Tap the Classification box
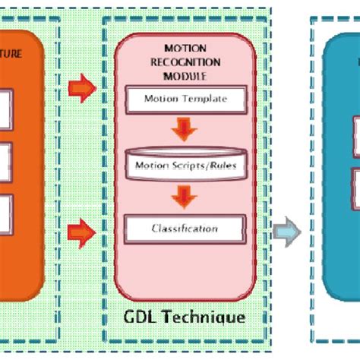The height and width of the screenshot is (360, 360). coord(185,228)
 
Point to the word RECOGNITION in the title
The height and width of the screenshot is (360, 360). coord(185,61)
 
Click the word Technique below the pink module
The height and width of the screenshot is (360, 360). coord(206,316)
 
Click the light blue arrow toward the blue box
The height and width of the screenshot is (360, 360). coord(288,231)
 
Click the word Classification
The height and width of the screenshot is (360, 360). coord(185,228)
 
